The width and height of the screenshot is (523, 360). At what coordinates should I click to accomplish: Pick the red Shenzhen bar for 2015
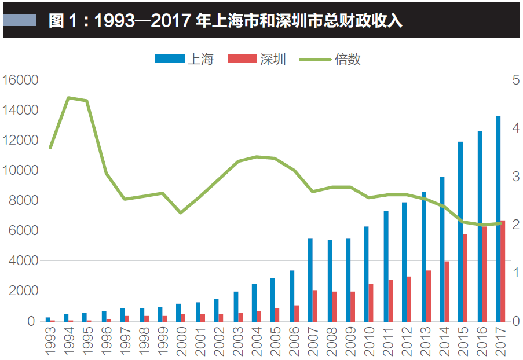[465, 277]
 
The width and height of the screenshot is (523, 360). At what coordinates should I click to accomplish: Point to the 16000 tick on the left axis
[20, 80]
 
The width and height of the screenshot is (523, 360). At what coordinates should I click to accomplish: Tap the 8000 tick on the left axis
[23, 200]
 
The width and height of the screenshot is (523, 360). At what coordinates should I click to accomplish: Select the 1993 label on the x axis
[49, 341]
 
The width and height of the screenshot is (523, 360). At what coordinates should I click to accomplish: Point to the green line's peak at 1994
[68, 98]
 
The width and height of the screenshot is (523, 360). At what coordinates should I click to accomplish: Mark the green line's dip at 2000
[181, 213]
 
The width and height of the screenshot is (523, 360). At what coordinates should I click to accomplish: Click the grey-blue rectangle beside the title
[20, 21]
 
